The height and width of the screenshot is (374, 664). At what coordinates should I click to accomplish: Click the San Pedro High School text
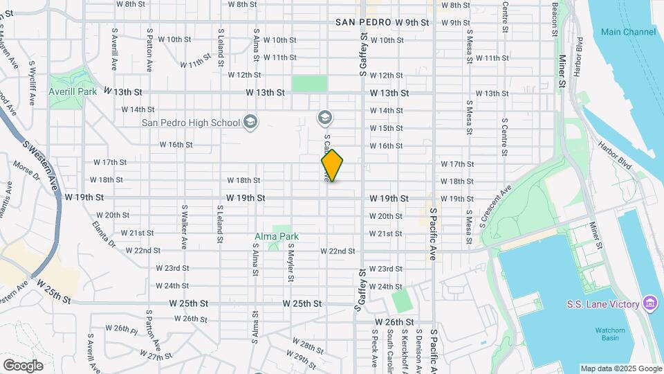(x=190, y=123)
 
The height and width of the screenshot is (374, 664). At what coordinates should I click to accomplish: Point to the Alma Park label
(x=277, y=237)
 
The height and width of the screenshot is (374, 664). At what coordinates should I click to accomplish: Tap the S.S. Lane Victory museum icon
(x=649, y=303)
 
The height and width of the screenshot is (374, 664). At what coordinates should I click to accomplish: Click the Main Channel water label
(x=628, y=32)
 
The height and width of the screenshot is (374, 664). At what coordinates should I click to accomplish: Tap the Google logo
(x=23, y=365)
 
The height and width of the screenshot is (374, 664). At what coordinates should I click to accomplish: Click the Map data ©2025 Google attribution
(x=620, y=368)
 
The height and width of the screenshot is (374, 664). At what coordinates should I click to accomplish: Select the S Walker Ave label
(x=185, y=226)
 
